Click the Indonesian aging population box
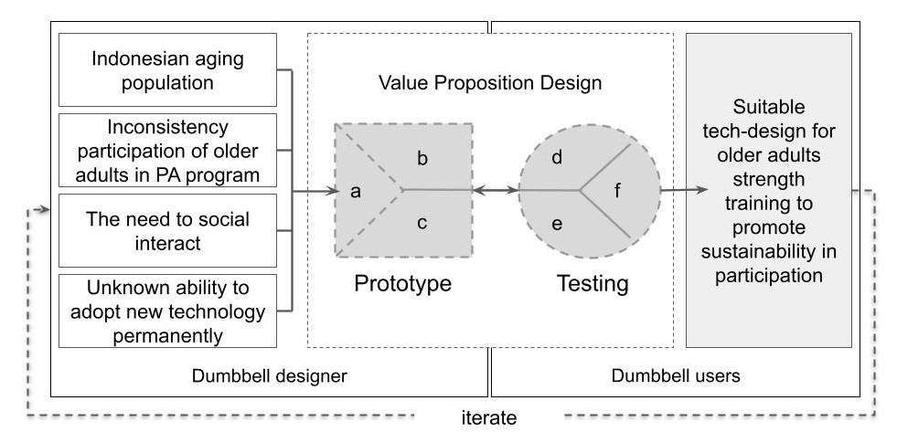(x=166, y=69)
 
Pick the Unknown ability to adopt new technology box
(x=166, y=311)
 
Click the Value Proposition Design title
(x=490, y=82)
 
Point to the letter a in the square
(x=357, y=192)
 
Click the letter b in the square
(x=422, y=159)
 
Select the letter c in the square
(x=422, y=222)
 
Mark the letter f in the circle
(x=617, y=192)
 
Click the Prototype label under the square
(x=403, y=283)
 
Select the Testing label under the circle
(x=593, y=283)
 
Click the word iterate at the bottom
(x=490, y=419)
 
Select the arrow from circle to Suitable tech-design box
(x=684, y=190)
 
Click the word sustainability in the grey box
(x=768, y=251)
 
